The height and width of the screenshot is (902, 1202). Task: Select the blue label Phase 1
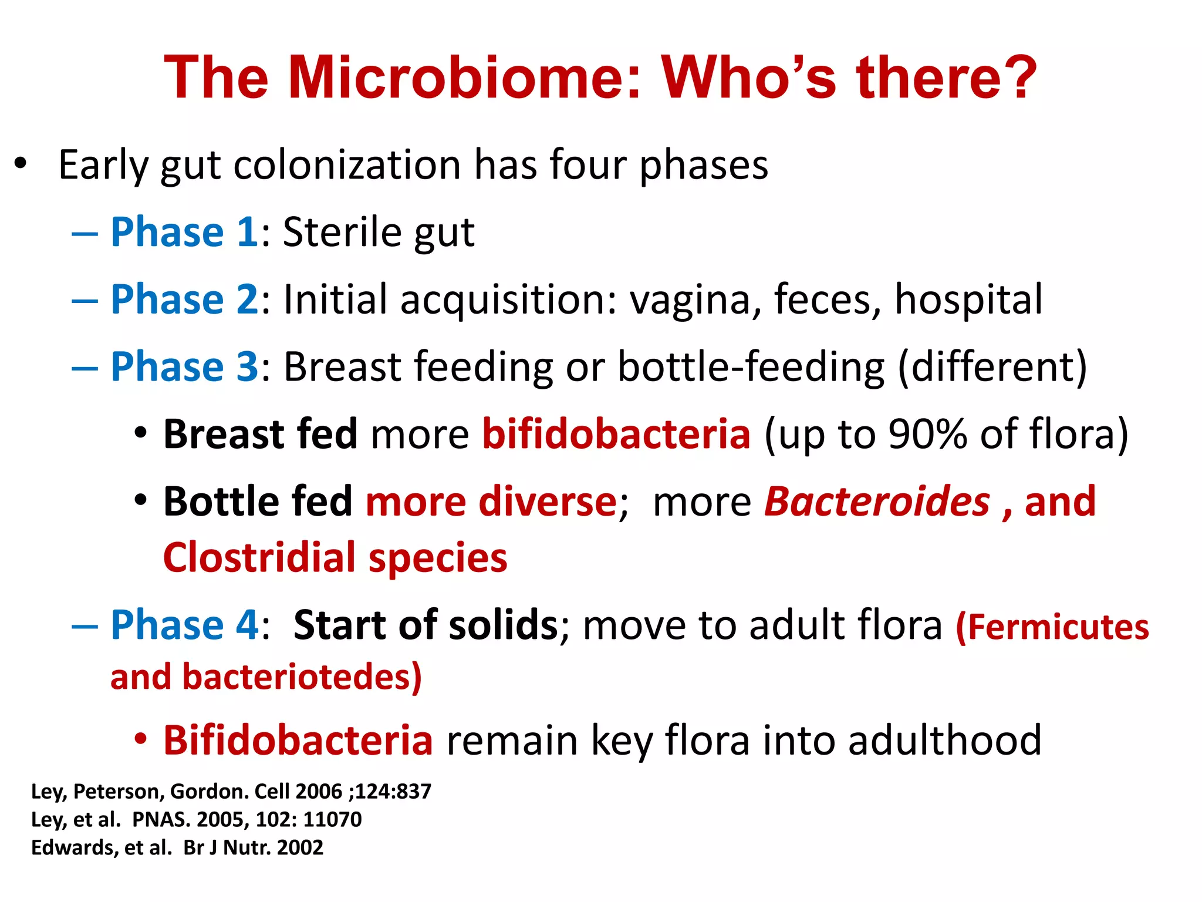[x=184, y=232]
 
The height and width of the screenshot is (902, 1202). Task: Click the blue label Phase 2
[x=184, y=299]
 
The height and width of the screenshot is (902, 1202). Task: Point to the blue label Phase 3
[x=184, y=367]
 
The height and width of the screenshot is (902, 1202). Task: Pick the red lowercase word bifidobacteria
[x=616, y=434]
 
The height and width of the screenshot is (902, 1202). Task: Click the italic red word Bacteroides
[x=877, y=502]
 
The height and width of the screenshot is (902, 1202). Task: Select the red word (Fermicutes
[x=1052, y=627]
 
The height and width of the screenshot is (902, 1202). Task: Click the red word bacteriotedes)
[x=302, y=677]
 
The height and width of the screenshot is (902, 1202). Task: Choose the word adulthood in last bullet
[x=945, y=740]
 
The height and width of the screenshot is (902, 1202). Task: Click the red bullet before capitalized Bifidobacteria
[x=140, y=739]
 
